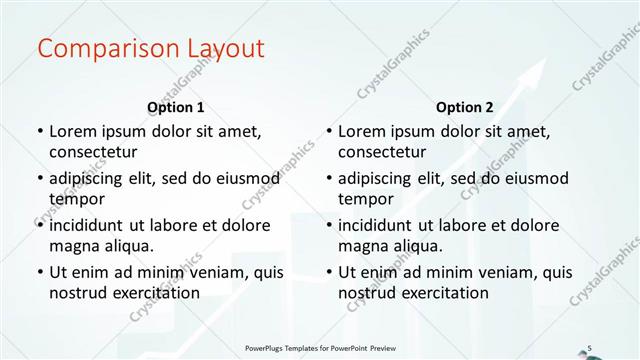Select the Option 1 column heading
[175, 107]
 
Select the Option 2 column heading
[464, 107]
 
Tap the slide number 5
[590, 347]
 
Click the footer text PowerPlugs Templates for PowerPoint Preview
[320, 347]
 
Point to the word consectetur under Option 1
[93, 151]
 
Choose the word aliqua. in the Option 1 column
[130, 245]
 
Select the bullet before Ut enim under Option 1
[38, 272]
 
